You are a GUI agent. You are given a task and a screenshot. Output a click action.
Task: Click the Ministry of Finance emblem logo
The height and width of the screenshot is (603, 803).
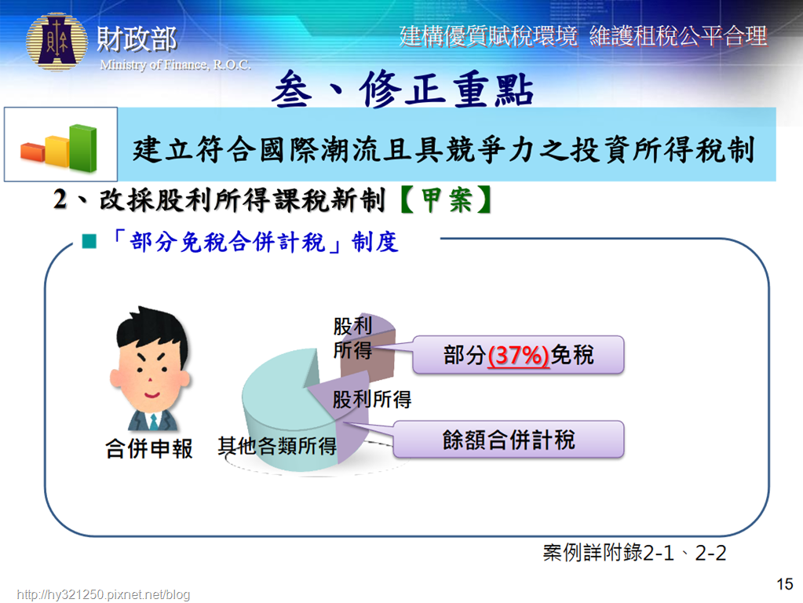pos(57,42)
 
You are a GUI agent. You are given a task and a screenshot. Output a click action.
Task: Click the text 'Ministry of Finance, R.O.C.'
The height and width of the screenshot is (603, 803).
pos(175,64)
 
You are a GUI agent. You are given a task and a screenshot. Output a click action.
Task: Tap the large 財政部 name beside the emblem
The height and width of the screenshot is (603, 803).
pos(137,39)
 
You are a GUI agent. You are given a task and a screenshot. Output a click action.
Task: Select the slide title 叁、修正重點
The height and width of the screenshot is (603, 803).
pos(403,90)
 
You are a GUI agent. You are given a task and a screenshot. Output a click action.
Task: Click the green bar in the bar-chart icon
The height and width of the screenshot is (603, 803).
pos(83,148)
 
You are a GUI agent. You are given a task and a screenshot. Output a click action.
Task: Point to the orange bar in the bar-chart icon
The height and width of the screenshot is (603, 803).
pos(32,152)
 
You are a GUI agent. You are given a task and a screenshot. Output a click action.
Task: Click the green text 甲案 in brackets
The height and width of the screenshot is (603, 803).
pos(446,199)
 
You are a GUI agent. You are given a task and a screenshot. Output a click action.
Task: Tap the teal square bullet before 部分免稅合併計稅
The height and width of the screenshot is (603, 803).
pos(89,241)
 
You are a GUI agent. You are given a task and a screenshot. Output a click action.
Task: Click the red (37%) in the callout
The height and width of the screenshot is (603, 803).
pos(518,355)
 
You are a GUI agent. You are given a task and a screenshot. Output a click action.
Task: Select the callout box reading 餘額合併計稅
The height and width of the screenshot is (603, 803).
pos(509,440)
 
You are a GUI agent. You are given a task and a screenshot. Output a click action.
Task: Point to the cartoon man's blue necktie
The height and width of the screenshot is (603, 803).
pos(153,422)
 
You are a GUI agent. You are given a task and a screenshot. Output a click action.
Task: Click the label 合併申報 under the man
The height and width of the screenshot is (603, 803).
pos(149,449)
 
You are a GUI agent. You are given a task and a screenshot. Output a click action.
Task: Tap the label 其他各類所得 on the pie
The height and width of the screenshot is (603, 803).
pos(277,446)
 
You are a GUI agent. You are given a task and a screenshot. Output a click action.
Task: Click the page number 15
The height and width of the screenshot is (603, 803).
pos(785,584)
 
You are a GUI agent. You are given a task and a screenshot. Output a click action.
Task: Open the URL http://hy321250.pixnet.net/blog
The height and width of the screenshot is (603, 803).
pos(104,594)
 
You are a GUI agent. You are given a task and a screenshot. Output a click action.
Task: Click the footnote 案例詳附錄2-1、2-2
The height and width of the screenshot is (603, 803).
pos(634,553)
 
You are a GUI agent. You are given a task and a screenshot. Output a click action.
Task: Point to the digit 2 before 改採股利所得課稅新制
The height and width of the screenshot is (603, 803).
pos(60,199)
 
